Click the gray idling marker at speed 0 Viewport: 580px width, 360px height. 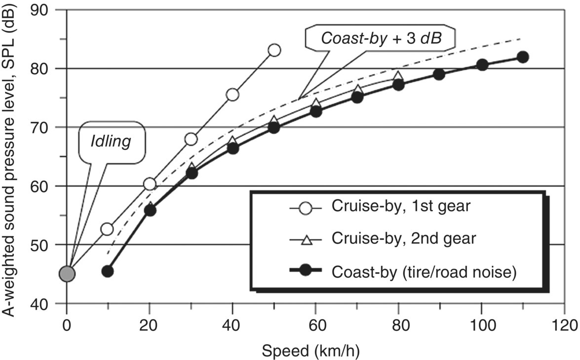point(67,274)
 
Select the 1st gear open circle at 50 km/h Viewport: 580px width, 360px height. point(274,50)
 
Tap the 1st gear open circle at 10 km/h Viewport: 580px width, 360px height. point(107,229)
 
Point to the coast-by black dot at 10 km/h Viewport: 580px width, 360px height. point(108,271)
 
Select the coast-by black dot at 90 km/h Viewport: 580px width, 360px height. point(439,74)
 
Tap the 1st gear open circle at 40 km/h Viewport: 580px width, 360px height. point(232,94)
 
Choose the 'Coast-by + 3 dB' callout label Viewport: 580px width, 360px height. point(380,38)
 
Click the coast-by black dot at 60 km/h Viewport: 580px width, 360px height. point(316,112)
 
